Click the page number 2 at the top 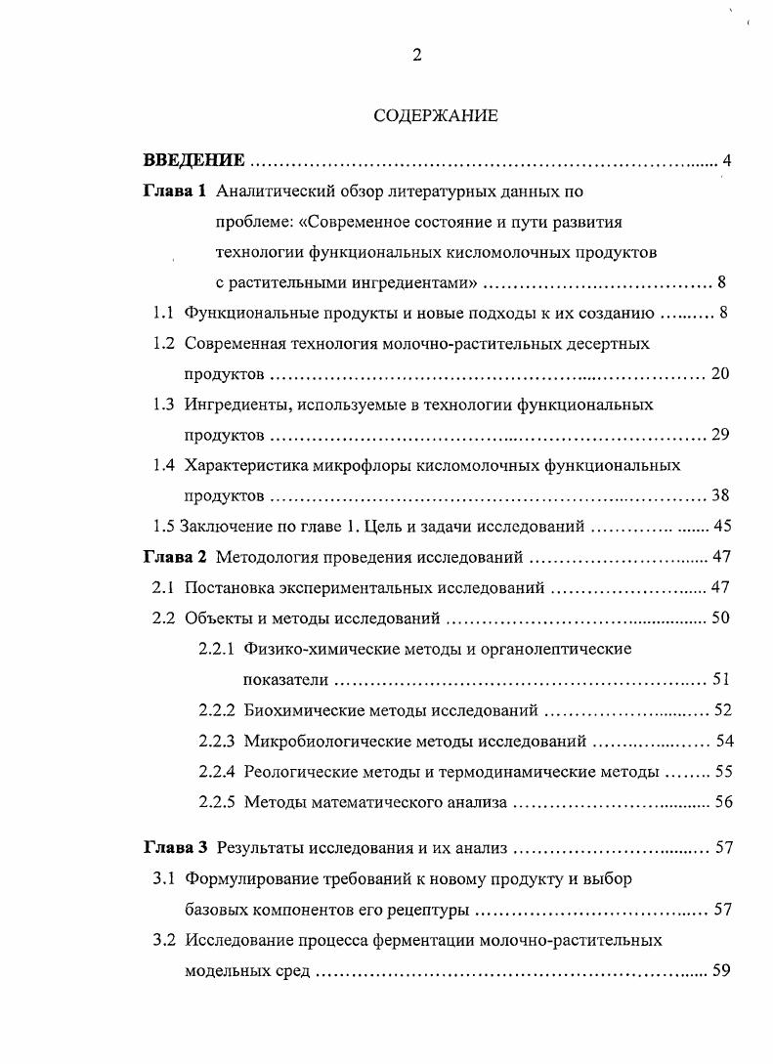[x=417, y=56]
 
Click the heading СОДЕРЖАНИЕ [x=436, y=115]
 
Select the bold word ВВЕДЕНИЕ [x=193, y=160]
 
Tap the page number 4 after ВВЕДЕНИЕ [x=727, y=160]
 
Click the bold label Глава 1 [x=175, y=192]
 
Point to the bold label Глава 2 [x=175, y=558]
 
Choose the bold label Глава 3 [x=175, y=847]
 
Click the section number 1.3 [x=163, y=404]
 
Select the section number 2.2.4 [x=217, y=771]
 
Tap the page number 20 [x=721, y=374]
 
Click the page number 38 [x=721, y=495]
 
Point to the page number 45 [x=723, y=526]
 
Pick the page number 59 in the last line [x=722, y=971]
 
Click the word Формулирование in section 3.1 [x=245, y=878]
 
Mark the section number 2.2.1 [x=217, y=649]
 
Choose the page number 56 [x=723, y=802]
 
